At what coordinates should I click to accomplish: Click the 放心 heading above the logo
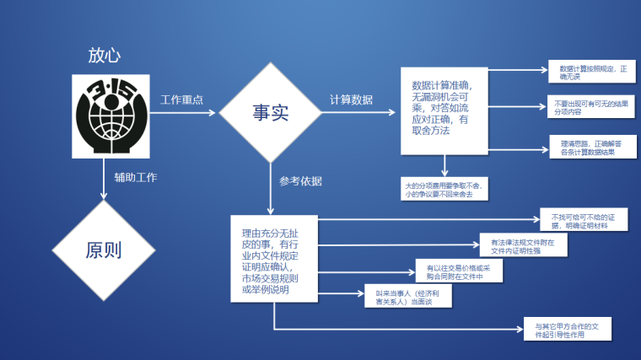(x=105, y=56)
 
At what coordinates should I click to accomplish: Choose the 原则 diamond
(x=104, y=250)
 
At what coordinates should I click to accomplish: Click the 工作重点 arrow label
(x=181, y=99)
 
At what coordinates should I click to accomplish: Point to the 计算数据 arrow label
(x=351, y=99)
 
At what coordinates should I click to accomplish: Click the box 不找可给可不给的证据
(x=583, y=221)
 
